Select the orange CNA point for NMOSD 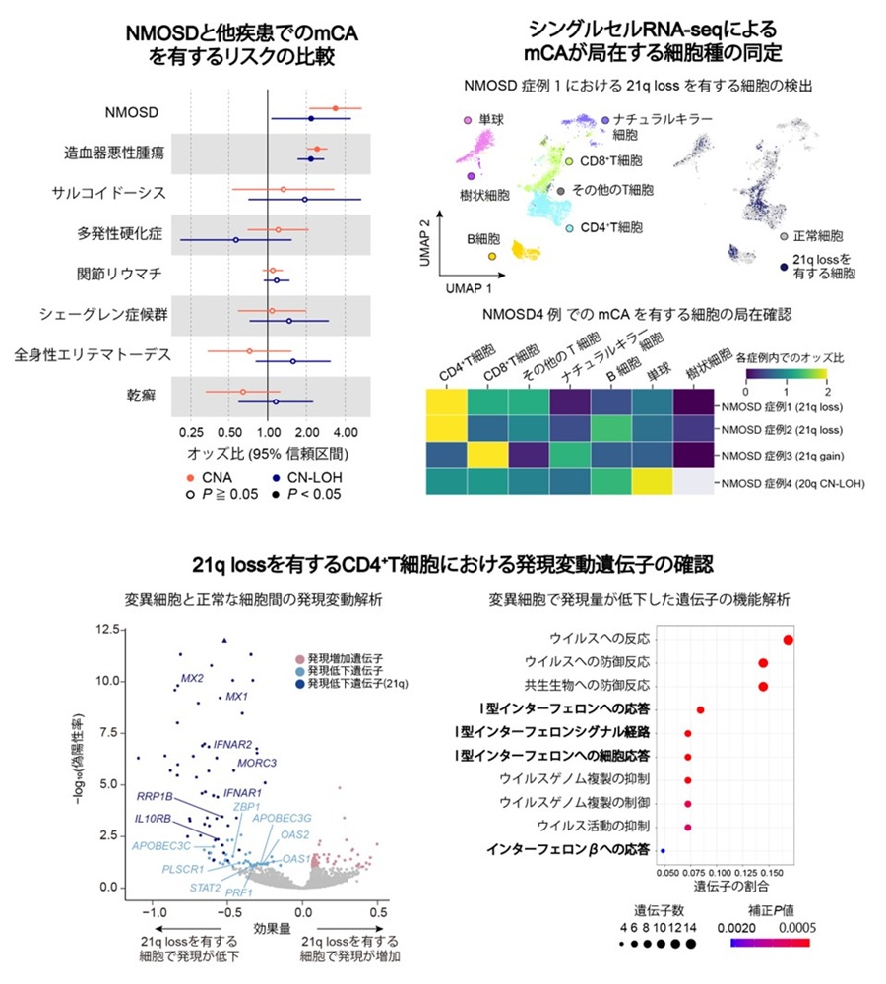click(x=336, y=108)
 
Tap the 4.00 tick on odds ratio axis click(x=345, y=431)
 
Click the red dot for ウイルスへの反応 click(x=789, y=641)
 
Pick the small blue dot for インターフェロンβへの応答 click(x=663, y=849)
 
